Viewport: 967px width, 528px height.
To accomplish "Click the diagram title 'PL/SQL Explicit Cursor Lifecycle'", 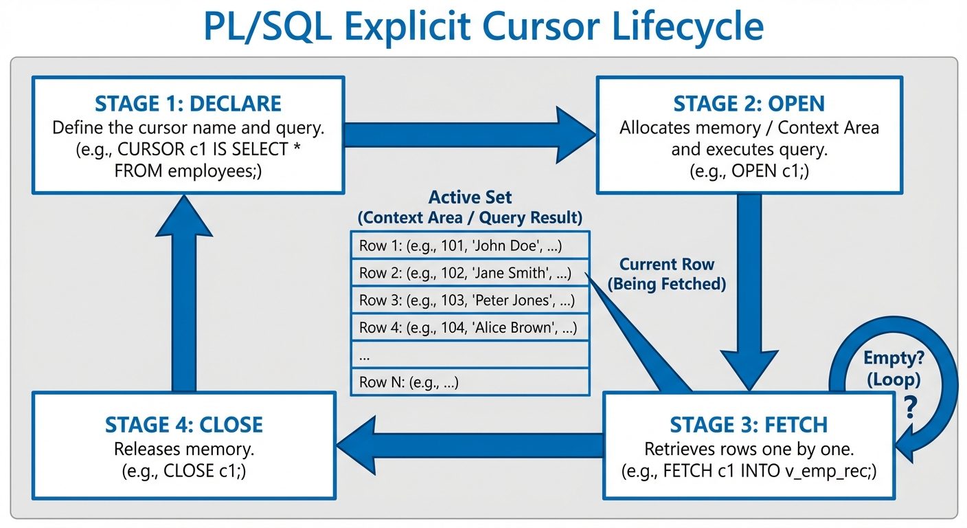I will click(x=483, y=27).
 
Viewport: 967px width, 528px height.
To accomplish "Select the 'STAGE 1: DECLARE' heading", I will click(x=187, y=104).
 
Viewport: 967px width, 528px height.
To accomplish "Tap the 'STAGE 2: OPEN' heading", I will click(x=749, y=104).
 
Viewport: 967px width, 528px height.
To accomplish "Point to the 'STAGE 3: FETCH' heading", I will click(x=749, y=424).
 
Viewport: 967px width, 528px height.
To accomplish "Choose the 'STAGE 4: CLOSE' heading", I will click(x=183, y=424).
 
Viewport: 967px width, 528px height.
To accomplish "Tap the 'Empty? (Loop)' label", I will click(x=892, y=368).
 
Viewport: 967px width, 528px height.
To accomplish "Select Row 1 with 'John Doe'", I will click(x=470, y=245).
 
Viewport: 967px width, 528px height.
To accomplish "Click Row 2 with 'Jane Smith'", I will click(x=470, y=273).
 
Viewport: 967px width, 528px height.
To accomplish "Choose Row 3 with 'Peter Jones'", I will click(x=470, y=300).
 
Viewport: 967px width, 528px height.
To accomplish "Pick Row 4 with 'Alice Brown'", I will click(x=470, y=328).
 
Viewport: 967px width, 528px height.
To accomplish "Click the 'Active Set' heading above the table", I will click(x=470, y=197).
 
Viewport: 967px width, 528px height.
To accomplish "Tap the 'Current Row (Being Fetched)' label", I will click(x=667, y=274).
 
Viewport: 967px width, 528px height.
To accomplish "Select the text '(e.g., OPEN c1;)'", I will click(x=749, y=171).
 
